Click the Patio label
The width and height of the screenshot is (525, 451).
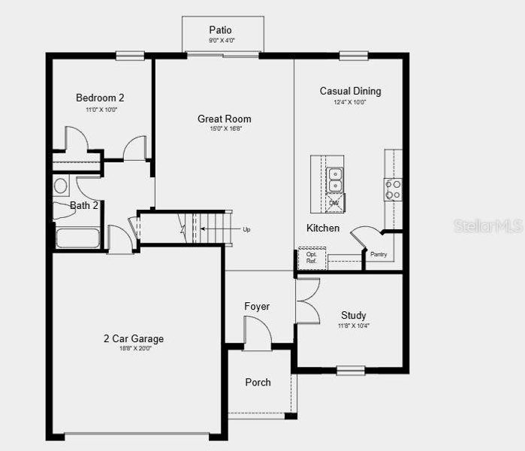click(221, 30)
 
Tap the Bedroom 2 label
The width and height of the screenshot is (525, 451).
click(100, 98)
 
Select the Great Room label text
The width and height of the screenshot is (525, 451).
click(224, 119)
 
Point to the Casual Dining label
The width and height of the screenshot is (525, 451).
click(350, 91)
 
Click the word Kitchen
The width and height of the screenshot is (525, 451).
click(323, 228)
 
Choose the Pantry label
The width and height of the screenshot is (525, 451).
click(379, 254)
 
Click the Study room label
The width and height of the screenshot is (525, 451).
click(353, 316)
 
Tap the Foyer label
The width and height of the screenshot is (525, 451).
click(257, 307)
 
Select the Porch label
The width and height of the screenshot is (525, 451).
click(258, 383)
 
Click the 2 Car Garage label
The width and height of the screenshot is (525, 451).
click(133, 339)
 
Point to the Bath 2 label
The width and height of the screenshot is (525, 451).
click(84, 205)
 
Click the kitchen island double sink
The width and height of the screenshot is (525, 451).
click(334, 181)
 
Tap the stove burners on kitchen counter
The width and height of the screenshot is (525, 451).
click(393, 189)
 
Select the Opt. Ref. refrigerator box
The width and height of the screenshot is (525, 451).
click(311, 257)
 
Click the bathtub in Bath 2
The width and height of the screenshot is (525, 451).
click(78, 238)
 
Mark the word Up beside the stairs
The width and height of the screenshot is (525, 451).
click(246, 229)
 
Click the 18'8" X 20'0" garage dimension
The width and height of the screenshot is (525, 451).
click(133, 349)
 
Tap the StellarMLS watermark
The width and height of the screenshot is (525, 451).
click(487, 225)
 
